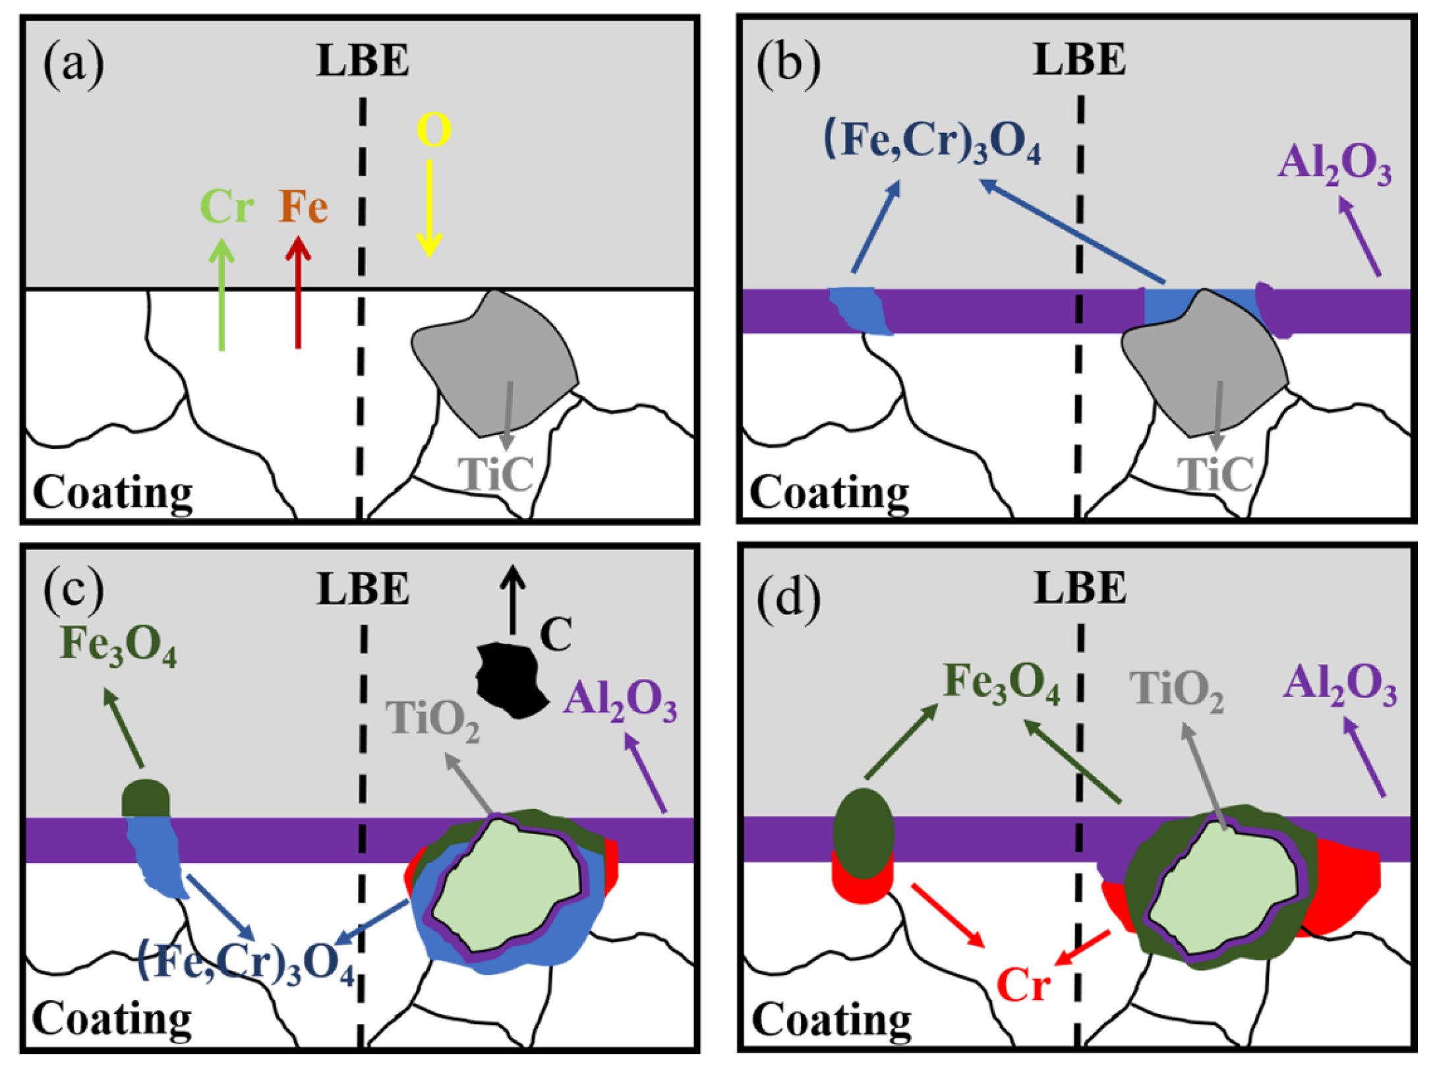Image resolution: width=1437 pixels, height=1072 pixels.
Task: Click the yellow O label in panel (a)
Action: point(434,130)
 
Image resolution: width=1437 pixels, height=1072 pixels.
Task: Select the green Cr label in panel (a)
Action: point(227,206)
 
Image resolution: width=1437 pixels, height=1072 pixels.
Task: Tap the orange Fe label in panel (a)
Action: point(303,206)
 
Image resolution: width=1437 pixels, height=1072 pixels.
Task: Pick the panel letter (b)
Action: point(788,64)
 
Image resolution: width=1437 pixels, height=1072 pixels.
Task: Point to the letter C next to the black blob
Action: point(556,635)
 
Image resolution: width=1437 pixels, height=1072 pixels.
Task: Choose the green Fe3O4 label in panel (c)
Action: point(118,645)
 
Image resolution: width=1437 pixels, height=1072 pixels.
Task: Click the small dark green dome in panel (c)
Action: point(146,798)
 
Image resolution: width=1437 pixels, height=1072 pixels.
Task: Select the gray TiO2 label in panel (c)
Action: point(432,719)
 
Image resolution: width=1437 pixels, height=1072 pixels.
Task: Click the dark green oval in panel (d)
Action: point(864,833)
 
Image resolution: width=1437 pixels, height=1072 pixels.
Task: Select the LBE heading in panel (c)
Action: point(363,589)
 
